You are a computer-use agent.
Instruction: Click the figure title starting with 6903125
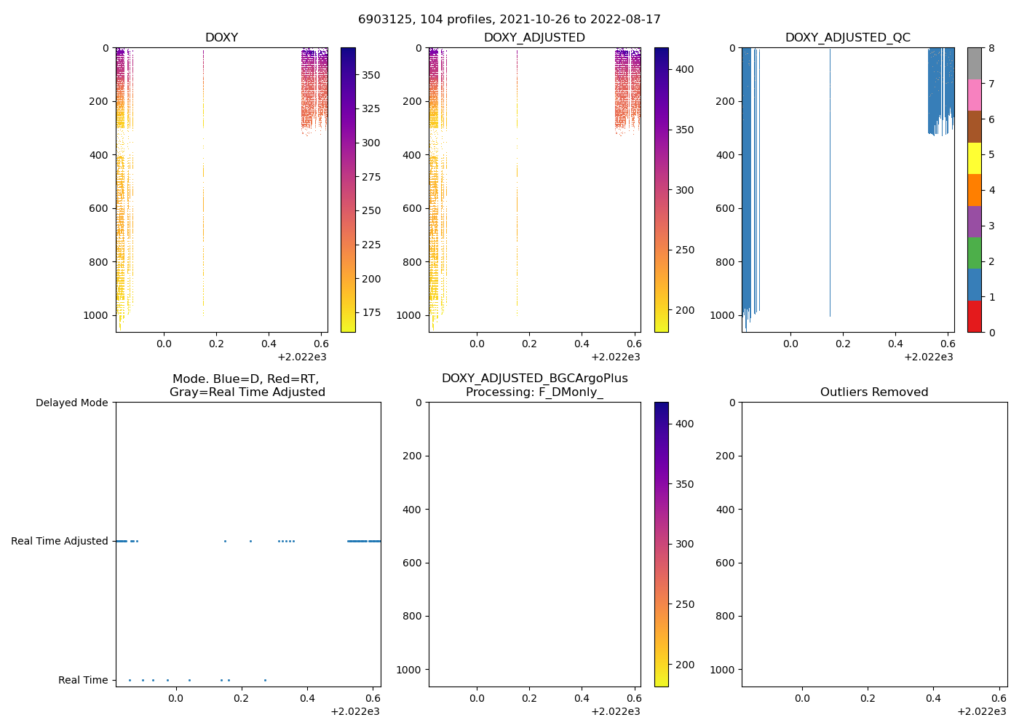click(x=509, y=20)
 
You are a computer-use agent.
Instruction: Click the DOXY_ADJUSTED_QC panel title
click(x=847, y=38)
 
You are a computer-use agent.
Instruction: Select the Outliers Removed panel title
click(x=873, y=392)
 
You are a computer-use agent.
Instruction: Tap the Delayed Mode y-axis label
click(x=71, y=403)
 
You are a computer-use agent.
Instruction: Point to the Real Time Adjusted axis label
click(x=60, y=541)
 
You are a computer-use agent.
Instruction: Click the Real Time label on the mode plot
click(x=83, y=680)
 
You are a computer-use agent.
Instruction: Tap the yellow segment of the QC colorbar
click(x=975, y=158)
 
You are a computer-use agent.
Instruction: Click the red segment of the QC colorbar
click(x=975, y=317)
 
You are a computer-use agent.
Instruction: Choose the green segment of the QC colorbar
click(x=975, y=253)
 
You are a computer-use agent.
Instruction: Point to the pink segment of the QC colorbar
click(x=975, y=95)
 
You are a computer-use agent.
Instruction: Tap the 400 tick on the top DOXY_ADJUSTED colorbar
click(x=685, y=69)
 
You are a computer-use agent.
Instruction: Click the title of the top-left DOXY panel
click(x=221, y=38)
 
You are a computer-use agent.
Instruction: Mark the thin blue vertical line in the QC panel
click(x=830, y=182)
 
